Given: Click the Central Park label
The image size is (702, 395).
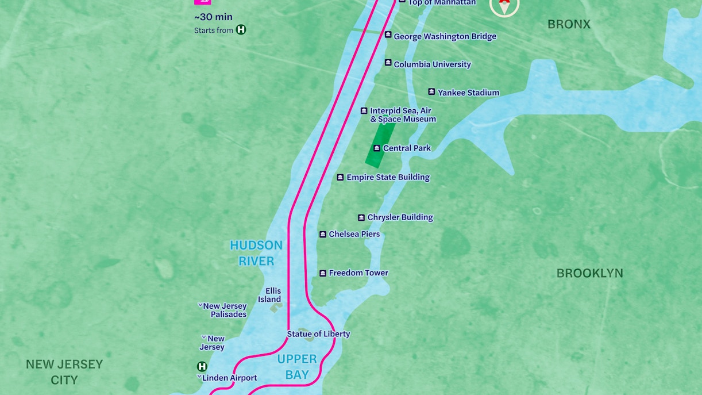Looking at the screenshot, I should (407, 148).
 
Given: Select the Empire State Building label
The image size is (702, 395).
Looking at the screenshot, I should (388, 178).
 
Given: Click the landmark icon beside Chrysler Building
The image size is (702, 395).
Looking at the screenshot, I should (361, 218).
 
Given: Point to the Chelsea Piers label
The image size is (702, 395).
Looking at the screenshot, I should (354, 235).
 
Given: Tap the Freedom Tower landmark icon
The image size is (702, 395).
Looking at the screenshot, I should (323, 273).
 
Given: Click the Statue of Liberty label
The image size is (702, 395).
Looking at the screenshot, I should (318, 334).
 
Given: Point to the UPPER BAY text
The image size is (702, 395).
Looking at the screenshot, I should (297, 367).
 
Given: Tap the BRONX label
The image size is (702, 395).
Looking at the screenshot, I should (569, 24).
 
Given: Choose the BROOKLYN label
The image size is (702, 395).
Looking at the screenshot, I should (589, 274).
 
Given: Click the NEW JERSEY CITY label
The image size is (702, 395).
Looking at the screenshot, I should (64, 372).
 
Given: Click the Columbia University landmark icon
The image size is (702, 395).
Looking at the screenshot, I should (388, 63).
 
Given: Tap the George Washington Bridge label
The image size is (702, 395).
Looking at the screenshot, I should (445, 37).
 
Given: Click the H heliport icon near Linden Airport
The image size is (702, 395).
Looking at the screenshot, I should (202, 366).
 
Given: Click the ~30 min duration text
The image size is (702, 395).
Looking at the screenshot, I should (213, 17).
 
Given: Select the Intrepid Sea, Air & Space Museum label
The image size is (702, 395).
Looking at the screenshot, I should (402, 115).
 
